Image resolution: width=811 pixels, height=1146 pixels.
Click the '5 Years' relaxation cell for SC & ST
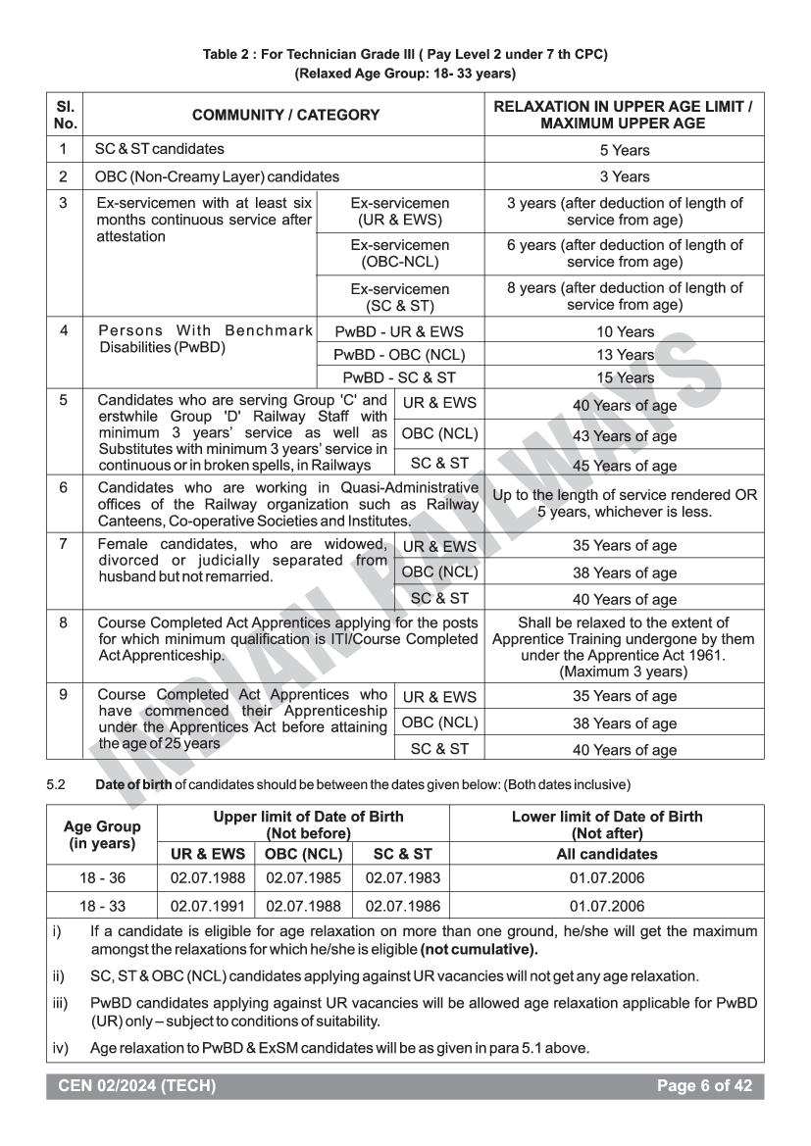[625, 150]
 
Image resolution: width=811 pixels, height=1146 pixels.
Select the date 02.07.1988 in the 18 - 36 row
[207, 880]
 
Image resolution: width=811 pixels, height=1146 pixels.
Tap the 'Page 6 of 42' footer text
[707, 1085]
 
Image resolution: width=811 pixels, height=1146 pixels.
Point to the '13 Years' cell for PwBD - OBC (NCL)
[625, 355]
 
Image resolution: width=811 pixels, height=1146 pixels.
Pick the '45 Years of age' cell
[625, 466]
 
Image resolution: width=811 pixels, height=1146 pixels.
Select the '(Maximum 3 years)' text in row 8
[625, 673]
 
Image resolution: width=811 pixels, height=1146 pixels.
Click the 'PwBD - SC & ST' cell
[400, 377]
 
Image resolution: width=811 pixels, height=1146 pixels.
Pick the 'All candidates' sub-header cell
[606, 854]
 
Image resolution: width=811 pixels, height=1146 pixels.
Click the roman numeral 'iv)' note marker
[60, 1047]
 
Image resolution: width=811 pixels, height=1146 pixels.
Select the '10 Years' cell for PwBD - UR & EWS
[625, 332]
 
